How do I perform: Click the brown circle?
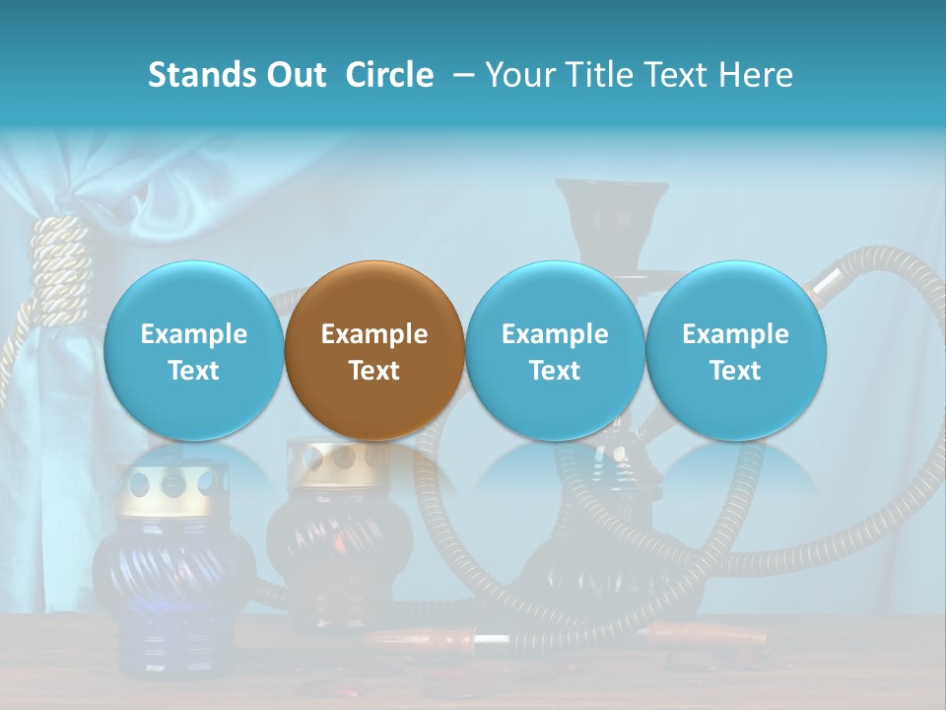(374, 350)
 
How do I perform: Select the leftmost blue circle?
(193, 350)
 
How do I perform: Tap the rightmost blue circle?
(736, 350)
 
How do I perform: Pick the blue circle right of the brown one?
(555, 350)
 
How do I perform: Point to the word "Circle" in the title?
(389, 75)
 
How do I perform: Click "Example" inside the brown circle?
(374, 334)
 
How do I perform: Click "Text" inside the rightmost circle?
(736, 371)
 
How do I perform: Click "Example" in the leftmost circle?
(193, 334)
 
